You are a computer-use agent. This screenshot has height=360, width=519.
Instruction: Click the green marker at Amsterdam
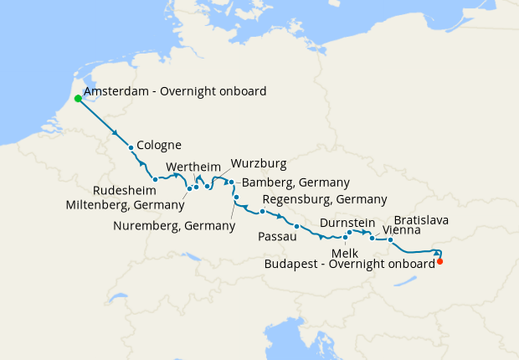point(78,98)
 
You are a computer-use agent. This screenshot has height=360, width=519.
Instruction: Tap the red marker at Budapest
point(440,261)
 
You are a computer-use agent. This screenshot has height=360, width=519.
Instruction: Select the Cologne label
point(159,145)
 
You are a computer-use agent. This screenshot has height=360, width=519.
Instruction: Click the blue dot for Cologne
point(131,148)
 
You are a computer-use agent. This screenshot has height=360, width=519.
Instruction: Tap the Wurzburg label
point(259,162)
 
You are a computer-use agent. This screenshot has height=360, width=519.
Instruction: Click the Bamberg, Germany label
point(295,183)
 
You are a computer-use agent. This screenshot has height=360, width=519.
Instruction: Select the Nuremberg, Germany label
point(174,225)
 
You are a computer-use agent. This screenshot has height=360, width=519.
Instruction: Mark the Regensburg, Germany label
point(325,199)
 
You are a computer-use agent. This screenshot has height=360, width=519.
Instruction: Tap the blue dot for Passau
point(296,226)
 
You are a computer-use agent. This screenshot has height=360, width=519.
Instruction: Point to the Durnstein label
point(346,224)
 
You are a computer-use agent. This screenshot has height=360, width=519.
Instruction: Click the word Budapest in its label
point(291,263)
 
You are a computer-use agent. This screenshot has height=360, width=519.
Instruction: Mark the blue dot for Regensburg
point(262,212)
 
